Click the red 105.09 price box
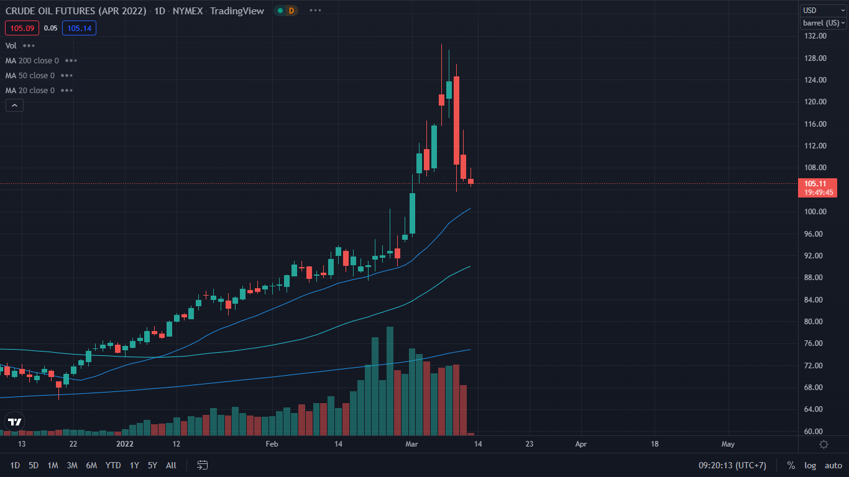click(x=22, y=28)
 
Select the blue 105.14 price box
click(x=79, y=28)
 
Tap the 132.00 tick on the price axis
click(x=815, y=36)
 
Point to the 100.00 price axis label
click(x=815, y=212)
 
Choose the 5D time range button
click(x=34, y=465)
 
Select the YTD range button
click(x=113, y=465)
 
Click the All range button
click(x=171, y=465)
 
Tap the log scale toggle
click(x=810, y=465)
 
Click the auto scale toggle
click(x=833, y=465)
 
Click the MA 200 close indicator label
click(x=32, y=61)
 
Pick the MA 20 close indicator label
click(x=30, y=91)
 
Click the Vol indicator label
click(x=11, y=46)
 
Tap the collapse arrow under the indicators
click(x=14, y=106)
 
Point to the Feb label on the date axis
click(x=272, y=444)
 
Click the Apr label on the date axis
click(x=581, y=444)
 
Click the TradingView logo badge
click(x=15, y=422)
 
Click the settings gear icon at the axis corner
click(x=824, y=445)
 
